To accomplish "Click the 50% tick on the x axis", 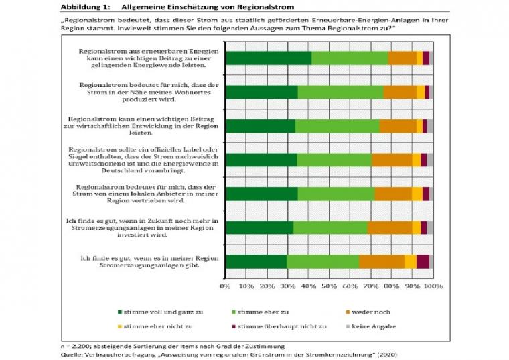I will (x=329, y=286).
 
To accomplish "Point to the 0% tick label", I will (x=225, y=286).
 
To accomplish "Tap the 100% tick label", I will (x=433, y=286).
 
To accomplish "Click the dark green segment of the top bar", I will (x=268, y=58).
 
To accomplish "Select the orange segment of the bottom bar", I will (x=382, y=261).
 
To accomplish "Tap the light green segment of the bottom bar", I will (x=323, y=261).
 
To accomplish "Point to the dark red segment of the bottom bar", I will (x=423, y=261).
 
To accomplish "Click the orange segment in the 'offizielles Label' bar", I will (x=392, y=160).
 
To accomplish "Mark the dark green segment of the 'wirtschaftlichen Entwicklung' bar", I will (x=260, y=126).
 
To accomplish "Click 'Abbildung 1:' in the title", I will (x=84, y=6).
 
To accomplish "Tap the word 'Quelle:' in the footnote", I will (x=72, y=354).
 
